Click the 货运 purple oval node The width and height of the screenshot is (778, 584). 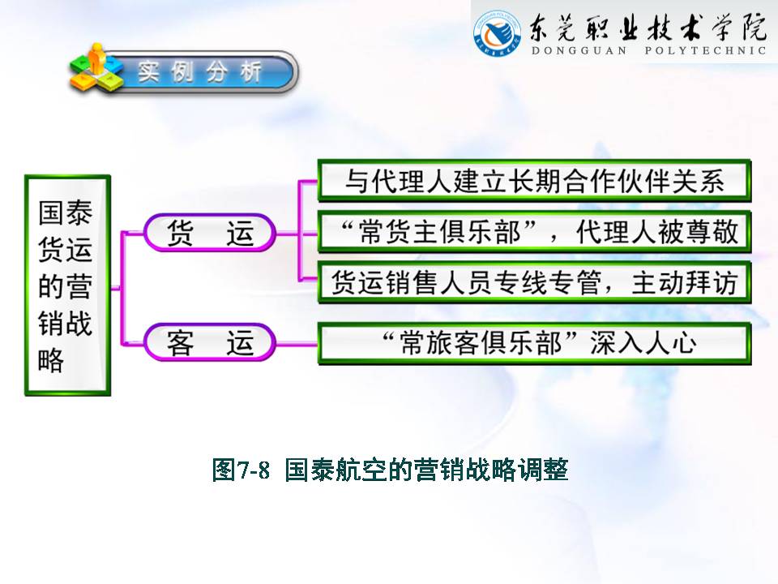[x=209, y=233]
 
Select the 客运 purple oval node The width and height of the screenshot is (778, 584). [x=209, y=342]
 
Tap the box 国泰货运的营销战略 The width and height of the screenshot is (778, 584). [x=67, y=285]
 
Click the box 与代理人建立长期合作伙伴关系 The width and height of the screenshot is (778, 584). [x=534, y=180]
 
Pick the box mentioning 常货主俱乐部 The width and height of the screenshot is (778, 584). [x=534, y=232]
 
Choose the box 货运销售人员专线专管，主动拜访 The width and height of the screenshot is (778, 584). [x=534, y=282]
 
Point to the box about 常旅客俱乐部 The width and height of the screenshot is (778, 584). [x=534, y=344]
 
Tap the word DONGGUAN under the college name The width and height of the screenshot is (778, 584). [x=579, y=50]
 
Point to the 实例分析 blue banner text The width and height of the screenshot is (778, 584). [x=199, y=72]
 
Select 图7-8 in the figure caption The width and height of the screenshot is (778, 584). [x=241, y=470]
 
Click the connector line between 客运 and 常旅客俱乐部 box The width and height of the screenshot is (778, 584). [x=297, y=344]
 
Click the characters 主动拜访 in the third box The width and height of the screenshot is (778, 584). [x=684, y=282]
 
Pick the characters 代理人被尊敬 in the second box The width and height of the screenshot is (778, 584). [x=657, y=232]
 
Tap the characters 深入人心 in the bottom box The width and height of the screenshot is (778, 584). [x=643, y=344]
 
